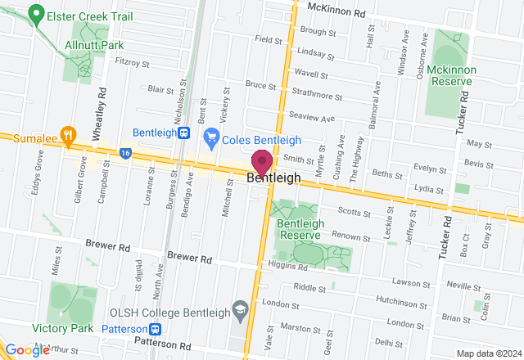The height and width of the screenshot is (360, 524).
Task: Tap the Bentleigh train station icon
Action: [x=185, y=133]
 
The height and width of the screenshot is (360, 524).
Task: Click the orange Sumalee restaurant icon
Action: [x=70, y=137]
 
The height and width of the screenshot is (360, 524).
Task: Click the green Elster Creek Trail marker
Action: [x=35, y=14]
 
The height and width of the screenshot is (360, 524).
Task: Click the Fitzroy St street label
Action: [x=133, y=62]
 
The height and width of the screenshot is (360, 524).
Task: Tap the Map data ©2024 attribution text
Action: [x=488, y=353]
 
